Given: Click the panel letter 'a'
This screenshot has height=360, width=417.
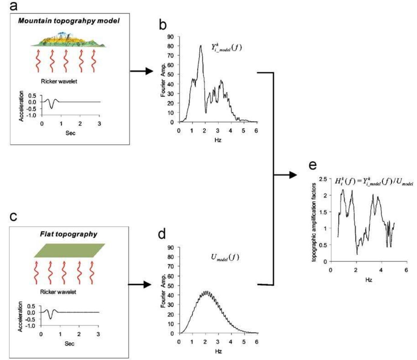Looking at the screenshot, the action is (x=13, y=6).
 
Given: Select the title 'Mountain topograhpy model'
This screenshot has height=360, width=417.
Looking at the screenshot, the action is (x=69, y=21).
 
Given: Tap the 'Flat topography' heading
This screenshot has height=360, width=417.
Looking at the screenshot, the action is (x=69, y=234).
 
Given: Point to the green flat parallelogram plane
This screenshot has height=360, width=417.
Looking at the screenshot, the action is (x=69, y=250).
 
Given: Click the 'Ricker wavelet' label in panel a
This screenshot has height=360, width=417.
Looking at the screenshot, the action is (x=59, y=81).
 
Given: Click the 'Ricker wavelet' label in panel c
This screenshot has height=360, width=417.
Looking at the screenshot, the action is (x=58, y=292).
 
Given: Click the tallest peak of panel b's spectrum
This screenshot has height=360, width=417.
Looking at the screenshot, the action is (x=201, y=46).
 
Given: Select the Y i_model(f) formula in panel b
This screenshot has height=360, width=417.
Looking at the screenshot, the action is (x=226, y=48).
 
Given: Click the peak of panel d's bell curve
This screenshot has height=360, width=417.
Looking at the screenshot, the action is (x=206, y=291).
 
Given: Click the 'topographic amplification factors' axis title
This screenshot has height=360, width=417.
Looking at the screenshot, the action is (x=314, y=220).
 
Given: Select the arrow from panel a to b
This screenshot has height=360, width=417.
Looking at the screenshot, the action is (x=142, y=71).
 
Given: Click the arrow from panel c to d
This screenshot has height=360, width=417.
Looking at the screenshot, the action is (x=140, y=285).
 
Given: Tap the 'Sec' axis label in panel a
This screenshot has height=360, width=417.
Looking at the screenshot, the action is (x=70, y=133).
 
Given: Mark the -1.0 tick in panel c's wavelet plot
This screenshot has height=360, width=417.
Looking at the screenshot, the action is (x=31, y=326).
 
